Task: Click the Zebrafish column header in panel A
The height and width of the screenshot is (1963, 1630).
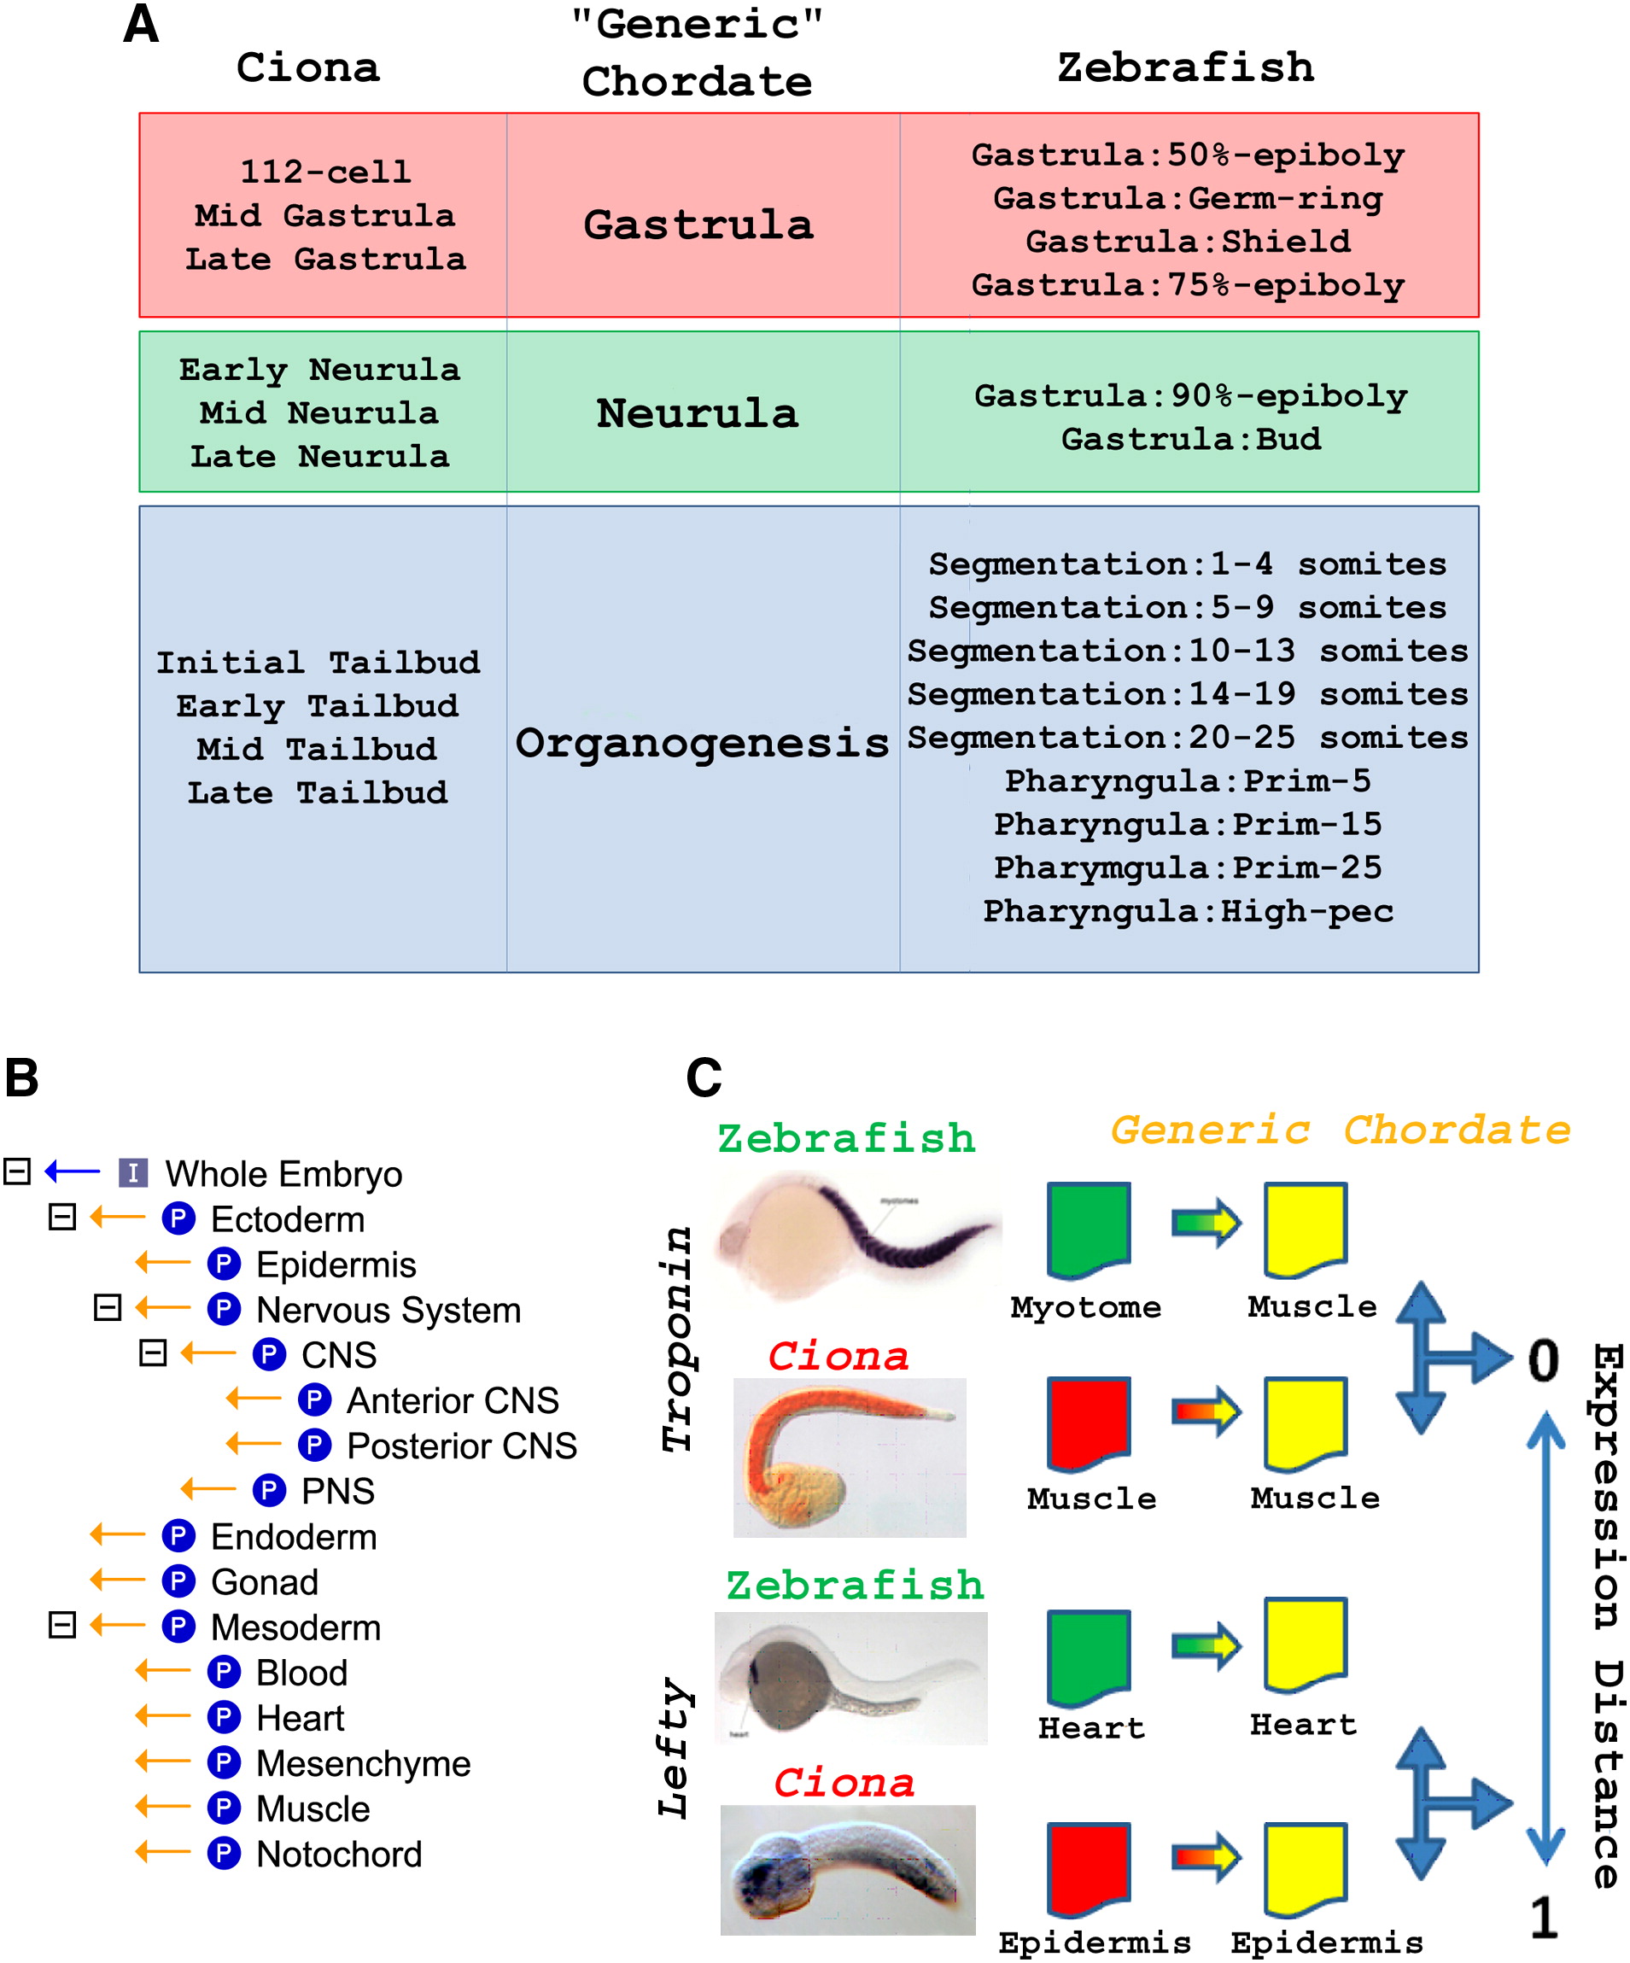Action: [1185, 67]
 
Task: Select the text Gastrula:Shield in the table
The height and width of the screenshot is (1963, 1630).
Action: [1187, 241]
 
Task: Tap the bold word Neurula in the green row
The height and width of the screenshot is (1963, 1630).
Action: [698, 413]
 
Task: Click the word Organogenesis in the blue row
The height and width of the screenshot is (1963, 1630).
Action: [702, 743]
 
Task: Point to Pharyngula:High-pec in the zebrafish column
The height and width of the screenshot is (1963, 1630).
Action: [1187, 910]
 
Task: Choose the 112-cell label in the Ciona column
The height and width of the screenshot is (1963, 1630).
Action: [325, 172]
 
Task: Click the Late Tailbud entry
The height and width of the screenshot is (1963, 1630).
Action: [318, 792]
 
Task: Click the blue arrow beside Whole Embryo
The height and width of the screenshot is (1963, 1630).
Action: [72, 1171]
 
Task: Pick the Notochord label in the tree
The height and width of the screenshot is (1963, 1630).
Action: [338, 1854]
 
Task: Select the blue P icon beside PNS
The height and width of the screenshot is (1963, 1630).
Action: [269, 1490]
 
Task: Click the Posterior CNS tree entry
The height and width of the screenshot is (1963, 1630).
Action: [462, 1446]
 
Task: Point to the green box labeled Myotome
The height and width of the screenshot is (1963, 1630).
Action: [1089, 1230]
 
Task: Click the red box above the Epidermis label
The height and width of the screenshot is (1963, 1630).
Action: [1089, 1870]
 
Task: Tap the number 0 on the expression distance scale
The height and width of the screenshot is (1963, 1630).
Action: [1543, 1361]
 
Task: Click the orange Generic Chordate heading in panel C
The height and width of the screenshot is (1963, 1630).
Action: [1341, 1130]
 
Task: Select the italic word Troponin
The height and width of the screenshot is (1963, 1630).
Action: [676, 1339]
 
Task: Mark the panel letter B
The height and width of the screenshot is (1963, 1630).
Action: [21, 1077]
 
